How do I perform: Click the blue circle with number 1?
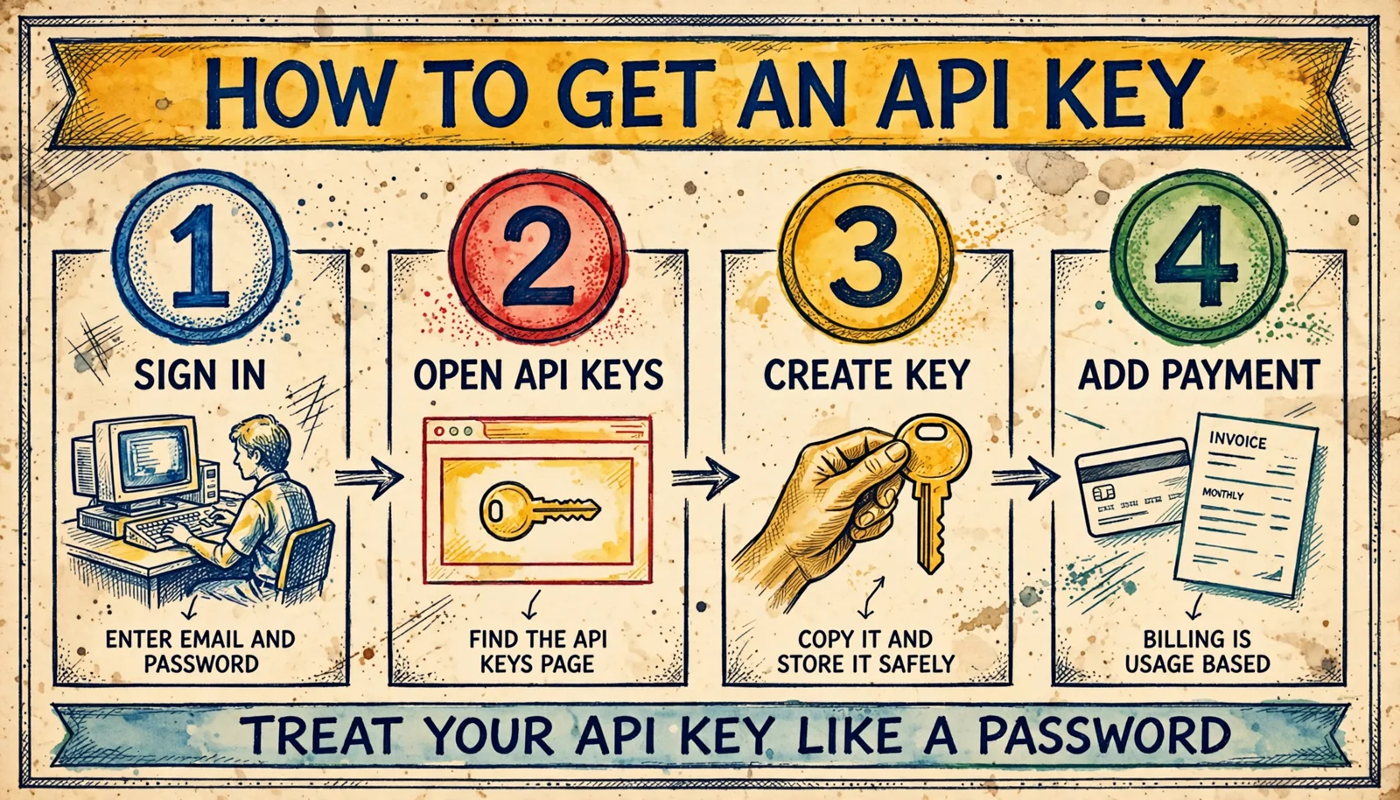pyautogui.click(x=200, y=256)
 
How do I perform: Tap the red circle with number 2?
pyautogui.click(x=538, y=256)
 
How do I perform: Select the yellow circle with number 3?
pyautogui.click(x=868, y=256)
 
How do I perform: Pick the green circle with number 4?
pyautogui.click(x=1198, y=256)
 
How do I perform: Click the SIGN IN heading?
pyautogui.click(x=200, y=375)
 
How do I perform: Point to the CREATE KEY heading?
pyautogui.click(x=867, y=375)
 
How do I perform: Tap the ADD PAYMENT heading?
pyautogui.click(x=1199, y=375)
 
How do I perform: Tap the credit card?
pyautogui.click(x=1132, y=487)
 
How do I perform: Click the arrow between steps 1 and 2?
pyautogui.click(x=368, y=478)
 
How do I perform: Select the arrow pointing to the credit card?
pyautogui.click(x=1025, y=478)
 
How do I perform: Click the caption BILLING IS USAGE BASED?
pyautogui.click(x=1198, y=651)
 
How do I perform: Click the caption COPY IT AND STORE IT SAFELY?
pyautogui.click(x=865, y=651)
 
